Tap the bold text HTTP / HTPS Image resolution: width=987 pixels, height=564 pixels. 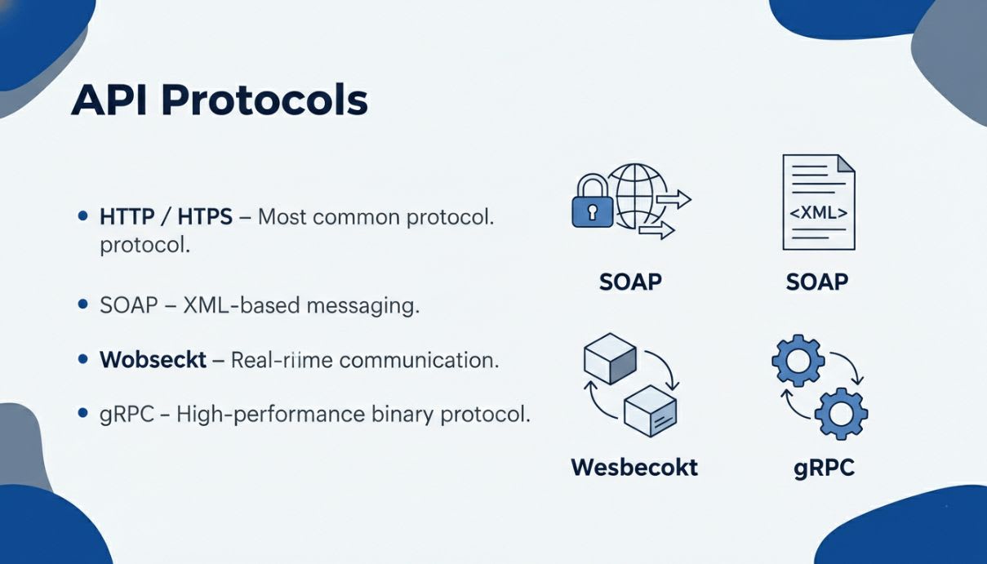[166, 217]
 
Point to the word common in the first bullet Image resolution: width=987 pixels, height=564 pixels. [358, 217]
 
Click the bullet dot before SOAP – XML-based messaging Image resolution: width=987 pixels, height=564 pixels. [82, 304]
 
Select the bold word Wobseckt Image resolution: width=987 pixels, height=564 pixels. [153, 359]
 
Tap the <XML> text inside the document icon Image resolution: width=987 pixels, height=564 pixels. [817, 214]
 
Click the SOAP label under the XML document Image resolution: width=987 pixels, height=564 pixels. [816, 282]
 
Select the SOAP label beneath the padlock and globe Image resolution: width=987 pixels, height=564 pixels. [630, 282]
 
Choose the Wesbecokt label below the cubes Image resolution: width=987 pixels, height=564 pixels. [634, 467]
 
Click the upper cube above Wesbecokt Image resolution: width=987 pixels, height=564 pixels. [610, 356]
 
